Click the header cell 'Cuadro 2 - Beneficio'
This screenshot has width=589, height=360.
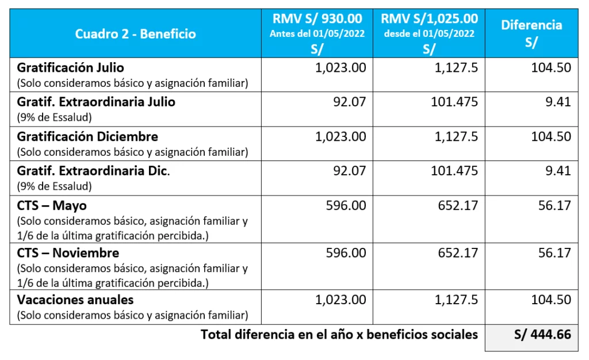[135, 34]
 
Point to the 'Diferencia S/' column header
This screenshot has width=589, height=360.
[531, 33]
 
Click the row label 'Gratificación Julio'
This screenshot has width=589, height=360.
[70, 68]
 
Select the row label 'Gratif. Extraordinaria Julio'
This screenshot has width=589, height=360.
[96, 102]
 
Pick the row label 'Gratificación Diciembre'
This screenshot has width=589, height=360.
[87, 137]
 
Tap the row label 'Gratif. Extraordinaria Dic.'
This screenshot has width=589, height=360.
[94, 171]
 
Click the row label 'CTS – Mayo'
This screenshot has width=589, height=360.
[52, 205]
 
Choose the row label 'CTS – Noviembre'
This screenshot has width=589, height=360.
[68, 252]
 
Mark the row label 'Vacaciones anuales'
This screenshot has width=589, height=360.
[75, 300]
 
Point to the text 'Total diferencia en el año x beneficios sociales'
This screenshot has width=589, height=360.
[339, 334]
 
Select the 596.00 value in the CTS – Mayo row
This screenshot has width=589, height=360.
[346, 205]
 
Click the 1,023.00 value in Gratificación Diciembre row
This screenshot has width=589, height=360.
[341, 137]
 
